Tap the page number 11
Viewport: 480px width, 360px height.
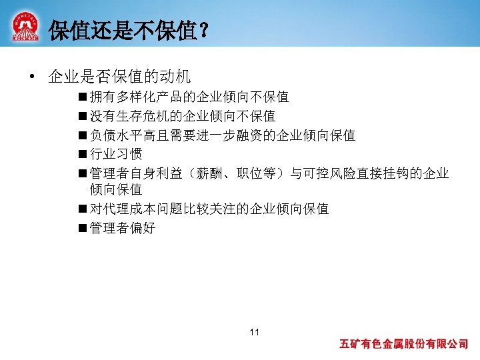[253, 332]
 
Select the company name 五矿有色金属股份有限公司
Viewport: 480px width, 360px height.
[404, 345]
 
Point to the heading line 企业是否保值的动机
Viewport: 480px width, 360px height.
[119, 77]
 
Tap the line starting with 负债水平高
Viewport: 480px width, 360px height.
[222, 136]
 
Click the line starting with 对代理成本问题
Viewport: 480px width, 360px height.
[209, 209]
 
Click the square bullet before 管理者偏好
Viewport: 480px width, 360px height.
[81, 228]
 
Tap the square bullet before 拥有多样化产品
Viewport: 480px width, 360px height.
[81, 97]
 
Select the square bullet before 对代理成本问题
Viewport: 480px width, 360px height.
[81, 209]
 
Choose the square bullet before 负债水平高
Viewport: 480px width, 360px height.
[81, 136]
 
